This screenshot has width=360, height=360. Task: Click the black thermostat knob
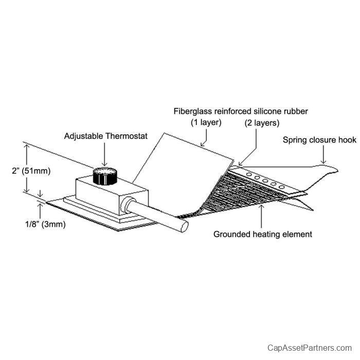click(x=105, y=176)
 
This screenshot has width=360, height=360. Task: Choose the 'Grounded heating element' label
click(x=263, y=235)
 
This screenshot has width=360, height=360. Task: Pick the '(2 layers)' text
click(x=261, y=122)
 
